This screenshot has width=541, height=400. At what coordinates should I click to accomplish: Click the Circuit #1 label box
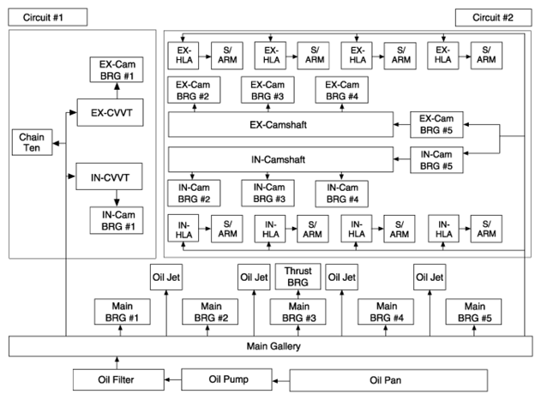pos(48,17)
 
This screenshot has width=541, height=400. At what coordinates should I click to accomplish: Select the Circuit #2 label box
pos(493,18)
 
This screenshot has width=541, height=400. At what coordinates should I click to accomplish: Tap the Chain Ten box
pos(32,142)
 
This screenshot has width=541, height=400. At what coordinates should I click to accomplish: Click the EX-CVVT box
pos(110,112)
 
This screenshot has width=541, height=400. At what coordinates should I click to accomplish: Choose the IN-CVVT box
pos(109,176)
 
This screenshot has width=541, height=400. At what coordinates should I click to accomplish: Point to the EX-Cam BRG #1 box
pos(117,69)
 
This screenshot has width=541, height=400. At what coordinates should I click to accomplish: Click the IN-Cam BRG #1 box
pos(117,220)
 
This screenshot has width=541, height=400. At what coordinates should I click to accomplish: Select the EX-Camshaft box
pos(280,124)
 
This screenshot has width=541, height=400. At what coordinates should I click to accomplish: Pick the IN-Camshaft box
pos(280,159)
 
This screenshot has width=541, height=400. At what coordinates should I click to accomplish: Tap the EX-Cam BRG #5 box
pos(436,124)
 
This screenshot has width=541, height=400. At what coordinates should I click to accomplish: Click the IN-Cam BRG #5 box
pos(436,160)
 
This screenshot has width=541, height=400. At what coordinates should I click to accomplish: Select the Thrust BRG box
pos(298,277)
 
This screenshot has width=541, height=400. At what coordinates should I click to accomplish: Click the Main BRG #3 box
pos(298,312)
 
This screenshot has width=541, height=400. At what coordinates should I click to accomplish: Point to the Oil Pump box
pos(226,379)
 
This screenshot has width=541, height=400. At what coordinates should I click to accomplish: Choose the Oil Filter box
pos(118,379)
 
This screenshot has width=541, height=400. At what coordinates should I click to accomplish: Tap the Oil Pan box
pos(388,380)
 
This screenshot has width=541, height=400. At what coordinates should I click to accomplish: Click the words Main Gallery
pos(274,346)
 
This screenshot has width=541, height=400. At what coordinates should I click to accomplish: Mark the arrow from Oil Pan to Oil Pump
pos(281,380)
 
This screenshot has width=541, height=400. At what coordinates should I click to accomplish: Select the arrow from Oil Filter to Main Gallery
pos(117,363)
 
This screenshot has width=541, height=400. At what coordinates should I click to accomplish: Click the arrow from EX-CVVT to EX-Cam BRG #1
pos(117,91)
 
